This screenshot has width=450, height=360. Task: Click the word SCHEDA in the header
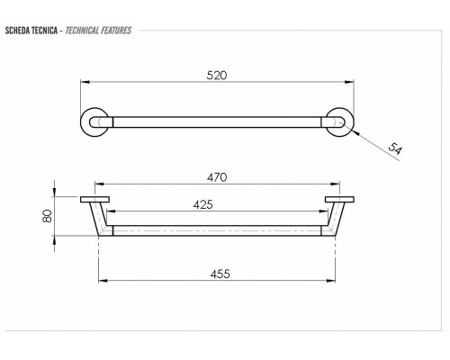(19, 31)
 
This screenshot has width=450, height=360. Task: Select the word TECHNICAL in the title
(85, 31)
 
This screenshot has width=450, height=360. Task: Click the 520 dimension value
(216, 76)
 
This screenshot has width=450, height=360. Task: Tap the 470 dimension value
(216, 178)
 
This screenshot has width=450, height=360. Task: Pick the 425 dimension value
(203, 205)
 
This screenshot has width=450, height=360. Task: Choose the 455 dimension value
(217, 274)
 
